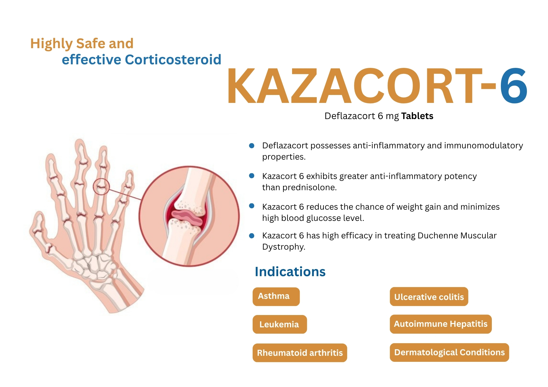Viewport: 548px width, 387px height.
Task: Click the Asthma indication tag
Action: [x=276, y=296]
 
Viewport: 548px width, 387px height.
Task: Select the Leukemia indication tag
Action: [x=279, y=324]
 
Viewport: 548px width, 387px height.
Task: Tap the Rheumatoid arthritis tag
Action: [x=300, y=353]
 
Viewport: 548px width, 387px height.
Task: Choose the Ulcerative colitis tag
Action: [x=429, y=297]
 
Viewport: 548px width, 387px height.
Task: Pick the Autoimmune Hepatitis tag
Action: [x=441, y=324]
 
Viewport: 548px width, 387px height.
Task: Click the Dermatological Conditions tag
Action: [x=449, y=353]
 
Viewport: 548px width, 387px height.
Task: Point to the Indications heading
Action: [x=290, y=272]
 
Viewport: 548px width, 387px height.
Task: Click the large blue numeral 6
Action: [x=513, y=86]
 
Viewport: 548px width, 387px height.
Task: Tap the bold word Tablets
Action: [x=417, y=116]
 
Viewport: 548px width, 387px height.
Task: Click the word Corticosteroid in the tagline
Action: [x=173, y=60]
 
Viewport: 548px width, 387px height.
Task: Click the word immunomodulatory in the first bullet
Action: [x=483, y=146]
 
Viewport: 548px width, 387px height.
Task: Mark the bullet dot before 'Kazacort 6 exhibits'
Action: [x=252, y=176]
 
